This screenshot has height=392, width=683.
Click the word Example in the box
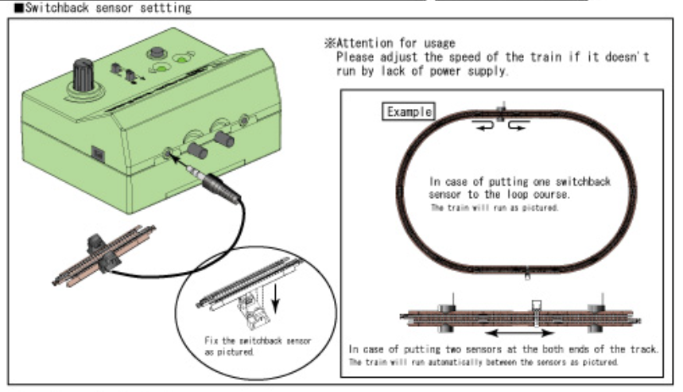click(409, 112)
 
